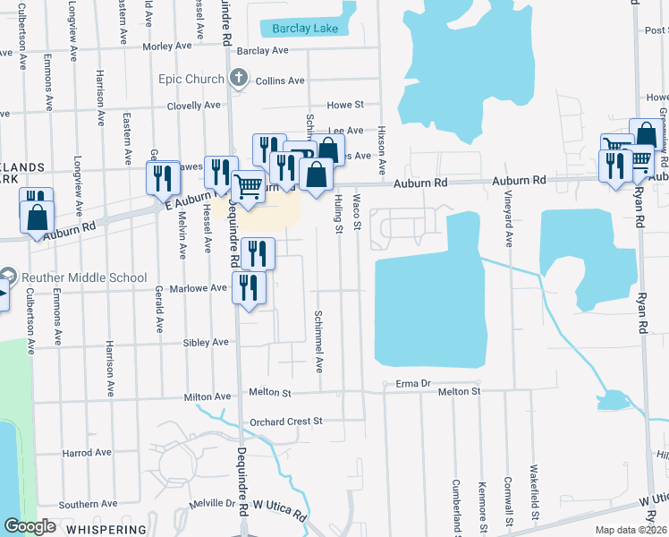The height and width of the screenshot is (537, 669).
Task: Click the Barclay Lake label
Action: pos(305,29)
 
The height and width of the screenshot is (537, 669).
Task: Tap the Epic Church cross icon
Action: pos(238,79)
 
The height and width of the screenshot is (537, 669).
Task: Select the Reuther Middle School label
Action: pos(81,277)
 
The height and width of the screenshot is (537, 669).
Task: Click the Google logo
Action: pos(30,527)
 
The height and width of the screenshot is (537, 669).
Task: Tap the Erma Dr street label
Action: pos(413,384)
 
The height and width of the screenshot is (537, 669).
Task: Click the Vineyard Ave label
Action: pos(509,224)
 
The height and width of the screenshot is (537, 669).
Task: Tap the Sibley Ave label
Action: pos(207,342)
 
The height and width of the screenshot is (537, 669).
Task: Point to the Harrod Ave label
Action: pos(86,453)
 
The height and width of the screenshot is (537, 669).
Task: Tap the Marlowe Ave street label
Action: pos(205,288)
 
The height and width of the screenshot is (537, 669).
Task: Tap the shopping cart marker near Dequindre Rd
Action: pos(248,187)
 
